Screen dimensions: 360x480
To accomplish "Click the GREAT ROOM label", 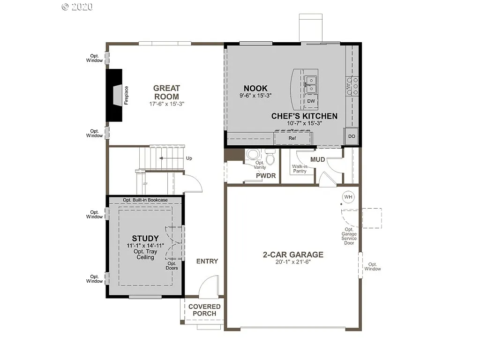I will [166, 92].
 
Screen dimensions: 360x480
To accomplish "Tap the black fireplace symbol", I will [114, 96].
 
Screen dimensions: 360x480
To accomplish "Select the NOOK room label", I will [255, 88].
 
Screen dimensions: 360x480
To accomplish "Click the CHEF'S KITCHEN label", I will [304, 116].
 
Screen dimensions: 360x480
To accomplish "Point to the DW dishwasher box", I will [311, 101].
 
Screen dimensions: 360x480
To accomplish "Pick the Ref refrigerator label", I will [292, 138].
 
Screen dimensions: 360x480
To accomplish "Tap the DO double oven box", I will [352, 136].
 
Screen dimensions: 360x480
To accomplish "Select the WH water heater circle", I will [348, 197].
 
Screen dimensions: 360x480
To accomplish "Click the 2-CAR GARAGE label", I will [293, 255].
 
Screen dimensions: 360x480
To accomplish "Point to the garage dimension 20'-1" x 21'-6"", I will [293, 262].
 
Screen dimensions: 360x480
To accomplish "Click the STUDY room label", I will [145, 239].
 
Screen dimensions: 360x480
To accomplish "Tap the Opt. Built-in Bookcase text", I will [145, 200].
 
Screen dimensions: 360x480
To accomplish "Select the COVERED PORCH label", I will [205, 310].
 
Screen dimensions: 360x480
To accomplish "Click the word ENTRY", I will [207, 261].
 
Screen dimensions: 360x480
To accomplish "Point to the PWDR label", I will [265, 176].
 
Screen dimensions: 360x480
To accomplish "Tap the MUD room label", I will [317, 159].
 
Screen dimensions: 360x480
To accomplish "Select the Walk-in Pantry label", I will [300, 169].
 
